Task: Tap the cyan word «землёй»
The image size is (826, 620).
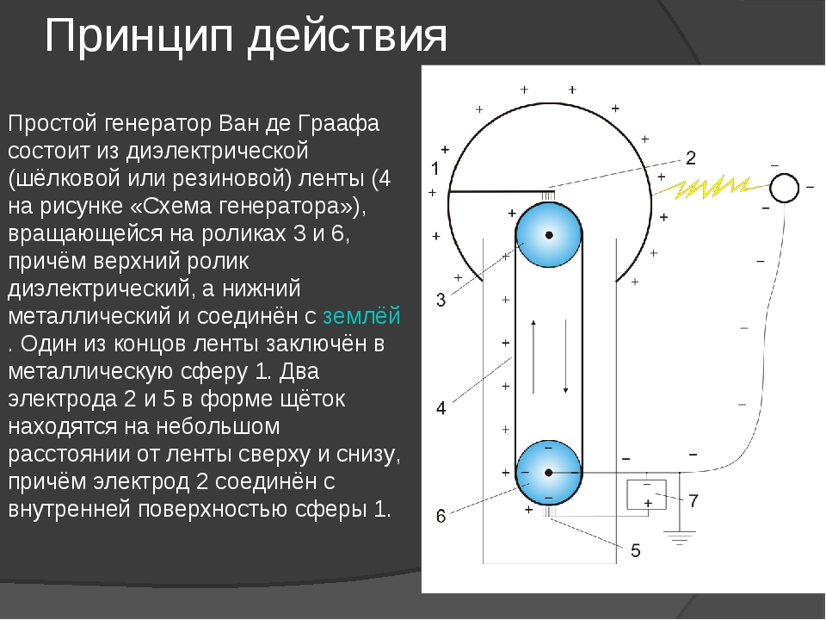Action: point(361,316)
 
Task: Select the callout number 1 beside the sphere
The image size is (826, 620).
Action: point(435,169)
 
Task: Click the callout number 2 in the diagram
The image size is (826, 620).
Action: point(691,158)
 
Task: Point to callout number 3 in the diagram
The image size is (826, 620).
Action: point(441,300)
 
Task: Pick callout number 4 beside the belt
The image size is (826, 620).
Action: point(441,408)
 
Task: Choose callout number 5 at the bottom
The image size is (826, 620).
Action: point(635,550)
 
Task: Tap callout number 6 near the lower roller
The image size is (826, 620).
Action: point(441,516)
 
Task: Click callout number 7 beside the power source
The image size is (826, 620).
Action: point(693,500)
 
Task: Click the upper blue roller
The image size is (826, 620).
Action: point(548,234)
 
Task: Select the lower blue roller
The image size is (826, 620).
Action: point(548,473)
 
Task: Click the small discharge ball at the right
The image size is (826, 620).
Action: point(785,188)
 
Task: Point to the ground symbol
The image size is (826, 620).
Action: point(680,537)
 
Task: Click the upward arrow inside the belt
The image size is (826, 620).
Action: point(533,356)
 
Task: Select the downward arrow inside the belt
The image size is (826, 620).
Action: point(566,356)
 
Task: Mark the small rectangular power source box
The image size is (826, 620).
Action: point(646,494)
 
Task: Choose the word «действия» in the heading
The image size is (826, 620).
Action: point(347,37)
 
